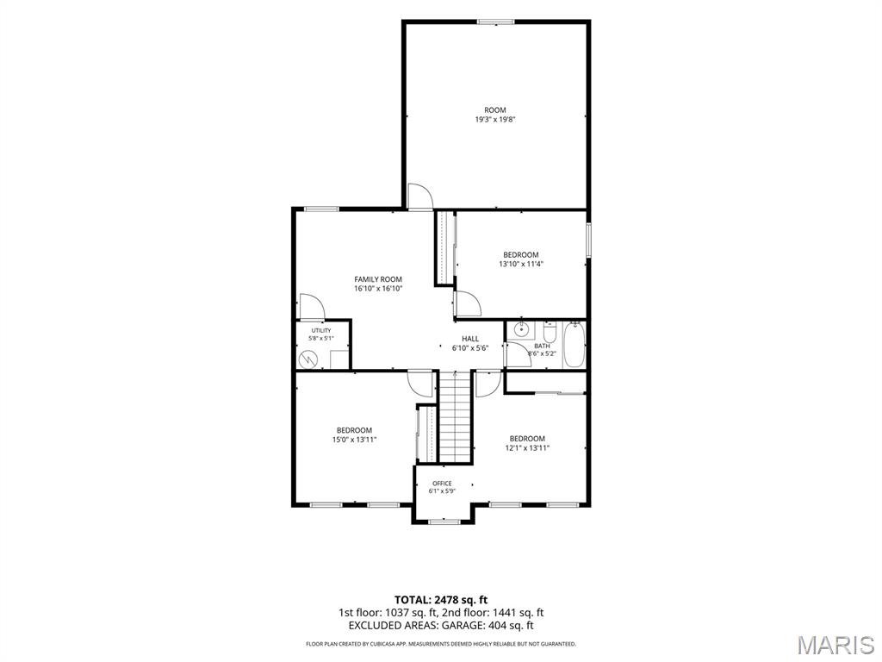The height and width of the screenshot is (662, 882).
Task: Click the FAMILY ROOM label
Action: coord(378,279)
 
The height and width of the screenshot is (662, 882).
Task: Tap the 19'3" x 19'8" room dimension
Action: coord(495,119)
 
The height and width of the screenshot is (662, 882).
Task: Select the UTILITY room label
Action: coord(321,330)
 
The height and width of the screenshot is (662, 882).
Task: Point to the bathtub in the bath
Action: coord(575,345)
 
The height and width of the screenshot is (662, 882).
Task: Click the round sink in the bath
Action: coord(520,330)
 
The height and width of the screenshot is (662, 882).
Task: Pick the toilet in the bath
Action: coord(550,332)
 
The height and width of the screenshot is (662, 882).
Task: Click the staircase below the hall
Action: coord(455,416)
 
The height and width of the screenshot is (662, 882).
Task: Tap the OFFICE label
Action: coord(442,484)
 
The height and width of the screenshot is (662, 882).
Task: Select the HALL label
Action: coord(470,339)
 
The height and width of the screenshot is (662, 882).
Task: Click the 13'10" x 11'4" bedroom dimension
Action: coord(521,264)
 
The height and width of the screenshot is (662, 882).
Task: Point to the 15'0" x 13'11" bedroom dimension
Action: coord(354,440)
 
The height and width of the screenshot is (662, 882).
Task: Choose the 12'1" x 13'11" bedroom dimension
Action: coord(527,448)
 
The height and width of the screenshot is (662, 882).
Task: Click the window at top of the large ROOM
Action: coord(495,22)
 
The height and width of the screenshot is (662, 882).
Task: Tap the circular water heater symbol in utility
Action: coord(307,359)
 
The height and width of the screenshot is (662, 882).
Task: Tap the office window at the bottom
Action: coord(444,521)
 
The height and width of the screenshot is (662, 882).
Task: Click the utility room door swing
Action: coord(312,306)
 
